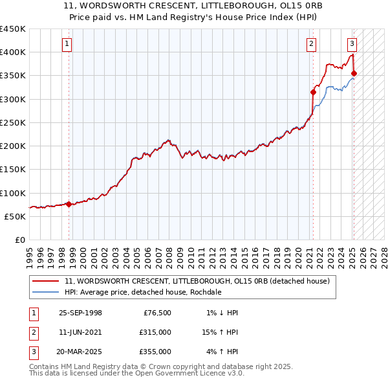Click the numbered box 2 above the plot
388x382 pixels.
click(x=311, y=44)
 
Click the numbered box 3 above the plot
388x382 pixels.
click(x=352, y=44)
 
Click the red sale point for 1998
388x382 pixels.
click(x=69, y=204)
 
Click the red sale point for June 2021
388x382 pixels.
click(x=313, y=92)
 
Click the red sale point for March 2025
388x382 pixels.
click(x=354, y=73)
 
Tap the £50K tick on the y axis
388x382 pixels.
click(x=16, y=216)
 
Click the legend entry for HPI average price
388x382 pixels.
click(x=143, y=292)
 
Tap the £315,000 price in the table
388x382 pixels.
click(x=156, y=332)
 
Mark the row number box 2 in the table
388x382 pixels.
click(x=32, y=332)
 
